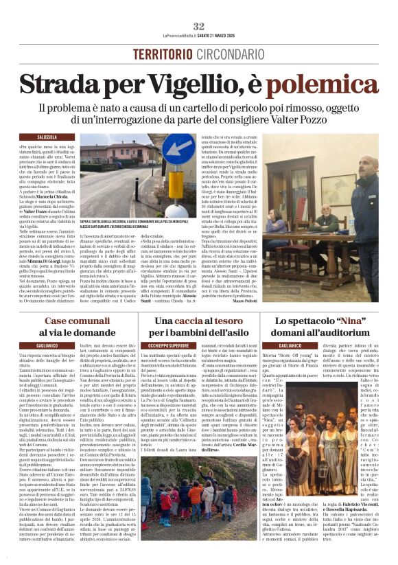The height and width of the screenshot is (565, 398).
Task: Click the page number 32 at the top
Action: coord(199,26)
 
